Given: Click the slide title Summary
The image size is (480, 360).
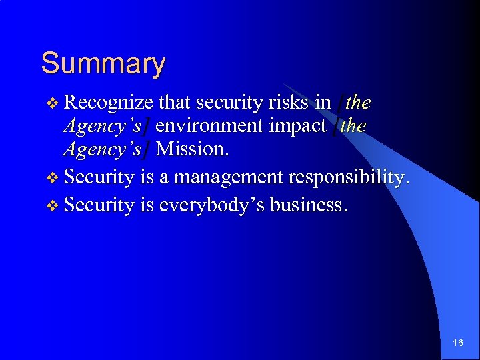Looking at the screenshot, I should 103,64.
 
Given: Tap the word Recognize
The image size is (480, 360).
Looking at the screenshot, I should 110,103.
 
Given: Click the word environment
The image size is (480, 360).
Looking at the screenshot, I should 207,126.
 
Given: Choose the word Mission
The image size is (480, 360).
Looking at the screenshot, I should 193,149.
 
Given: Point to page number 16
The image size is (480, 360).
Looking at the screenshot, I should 457,343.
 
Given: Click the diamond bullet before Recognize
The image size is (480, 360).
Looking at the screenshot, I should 54,103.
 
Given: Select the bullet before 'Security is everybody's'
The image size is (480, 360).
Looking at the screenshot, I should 54,205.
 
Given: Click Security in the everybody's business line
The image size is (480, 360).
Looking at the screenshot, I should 100,205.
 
